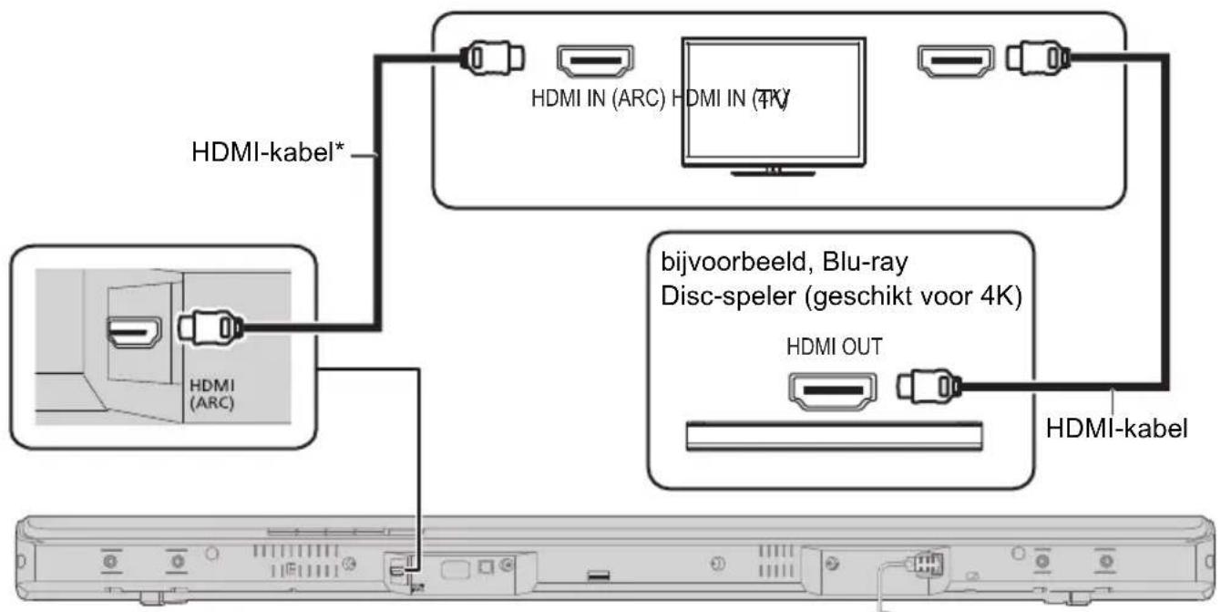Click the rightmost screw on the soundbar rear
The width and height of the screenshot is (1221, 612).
click(x=1106, y=561)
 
